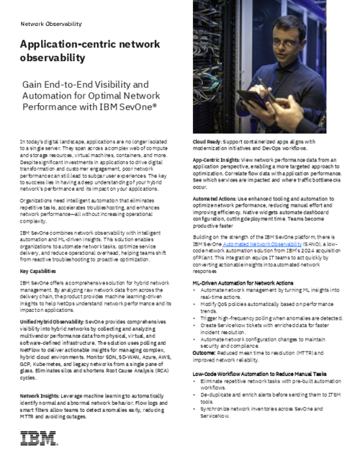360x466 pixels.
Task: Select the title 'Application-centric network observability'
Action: (90, 50)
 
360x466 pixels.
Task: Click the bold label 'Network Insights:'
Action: (42, 397)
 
